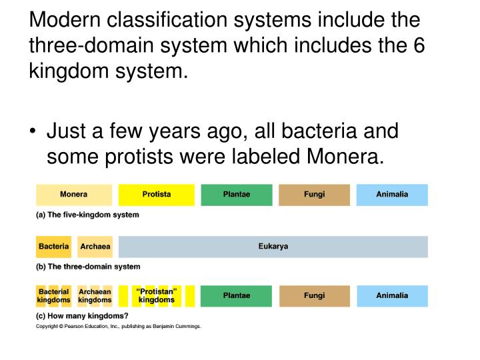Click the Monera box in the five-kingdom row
pyautogui.click(x=74, y=195)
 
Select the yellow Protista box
pyautogui.click(x=157, y=195)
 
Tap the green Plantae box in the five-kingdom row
pyautogui.click(x=237, y=195)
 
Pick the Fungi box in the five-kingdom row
pyautogui.click(x=314, y=195)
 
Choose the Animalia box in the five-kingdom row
pyautogui.click(x=392, y=195)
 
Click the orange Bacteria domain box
pyautogui.click(x=53, y=247)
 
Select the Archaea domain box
pyautogui.click(x=95, y=247)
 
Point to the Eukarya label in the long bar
pyautogui.click(x=273, y=247)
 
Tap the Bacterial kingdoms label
pyautogui.click(x=53, y=296)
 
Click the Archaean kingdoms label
pyautogui.click(x=95, y=296)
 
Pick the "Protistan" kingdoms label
pyautogui.click(x=157, y=296)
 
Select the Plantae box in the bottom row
pyautogui.click(x=237, y=296)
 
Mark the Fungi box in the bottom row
pyautogui.click(x=314, y=296)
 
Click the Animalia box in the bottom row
pyautogui.click(x=392, y=296)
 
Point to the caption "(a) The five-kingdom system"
pyautogui.click(x=87, y=215)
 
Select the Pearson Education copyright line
pyautogui.click(x=118, y=327)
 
